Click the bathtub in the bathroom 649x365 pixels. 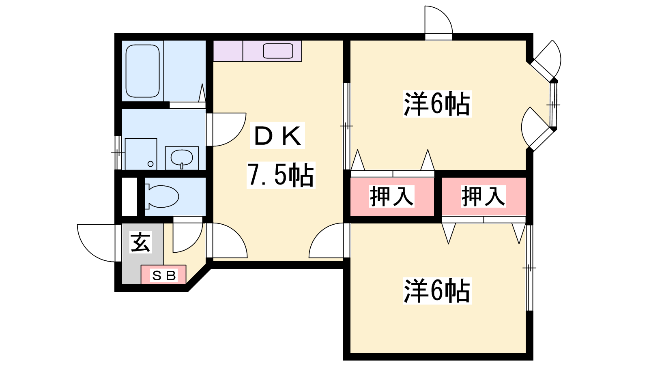click(142, 71)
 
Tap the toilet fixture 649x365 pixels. click(162, 197)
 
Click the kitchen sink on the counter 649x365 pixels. click(278, 51)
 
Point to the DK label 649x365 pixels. click(278, 136)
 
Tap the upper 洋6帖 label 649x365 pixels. click(437, 104)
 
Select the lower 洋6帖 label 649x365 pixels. click(437, 291)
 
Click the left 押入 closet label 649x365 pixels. click(391, 196)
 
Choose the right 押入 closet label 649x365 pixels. click(483, 196)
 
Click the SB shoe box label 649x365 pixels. click(163, 276)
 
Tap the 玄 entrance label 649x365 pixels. click(140, 242)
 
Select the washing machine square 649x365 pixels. click(141, 154)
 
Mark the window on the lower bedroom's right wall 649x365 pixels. click(529, 268)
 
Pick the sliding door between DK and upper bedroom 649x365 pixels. click(346, 126)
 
